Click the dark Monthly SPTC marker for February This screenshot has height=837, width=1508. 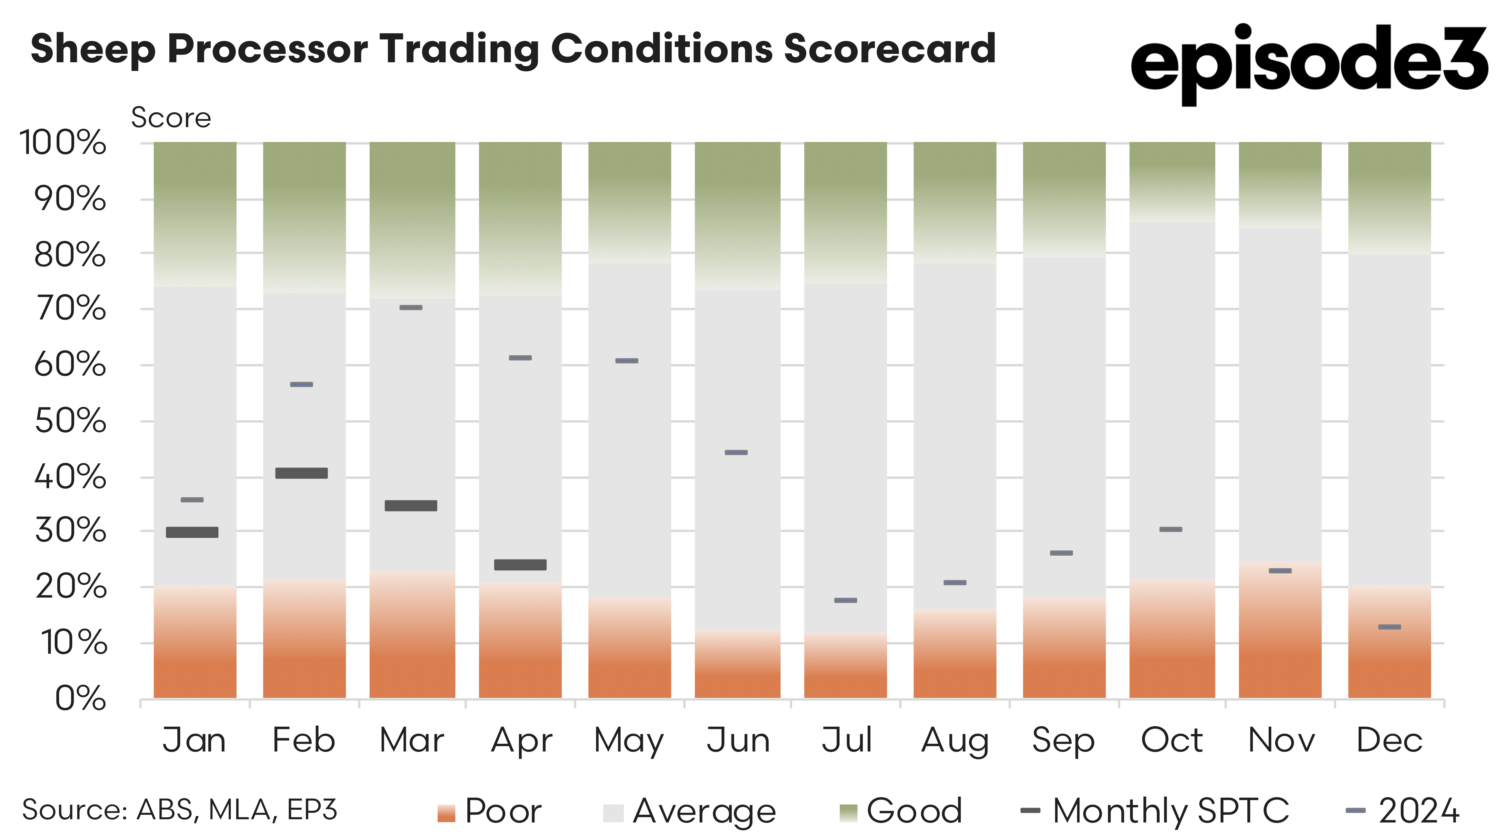coord(302,473)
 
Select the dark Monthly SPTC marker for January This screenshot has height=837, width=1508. coord(192,532)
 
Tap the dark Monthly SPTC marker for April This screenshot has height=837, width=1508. coord(520,565)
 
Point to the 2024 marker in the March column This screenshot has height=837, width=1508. coord(411,308)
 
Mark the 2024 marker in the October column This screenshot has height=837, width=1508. coord(1171,529)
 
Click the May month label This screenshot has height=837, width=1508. coord(629,741)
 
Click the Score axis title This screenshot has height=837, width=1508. coord(171,118)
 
